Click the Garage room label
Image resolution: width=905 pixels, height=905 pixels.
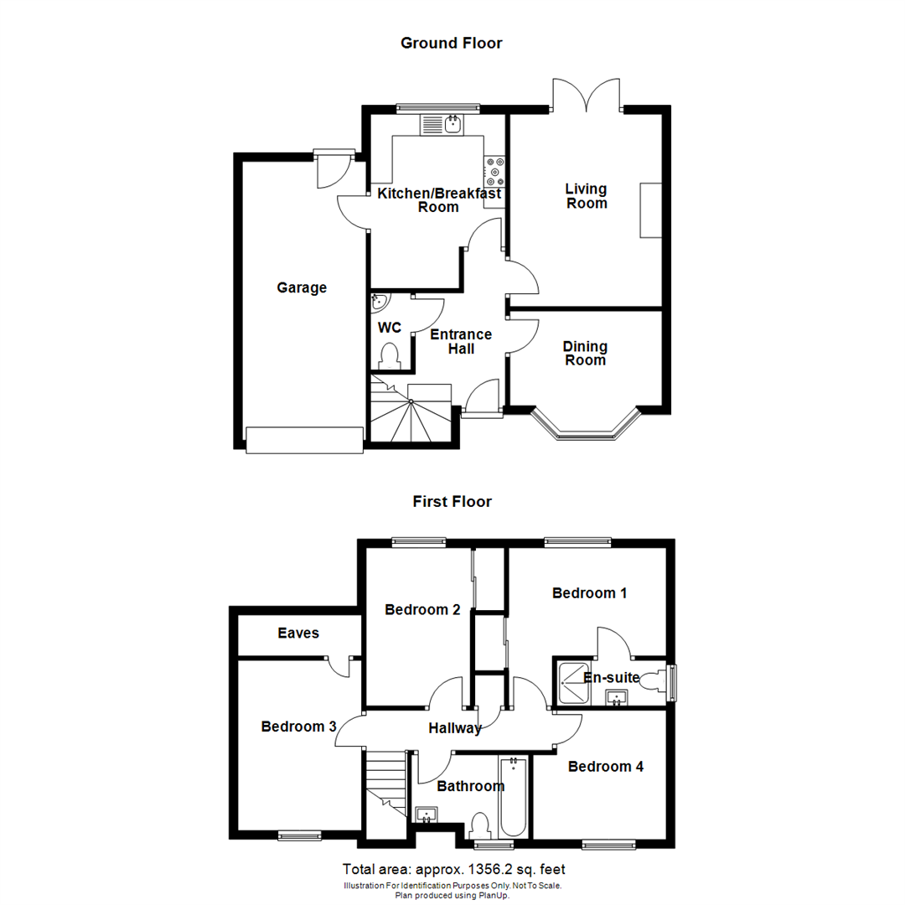pos(302,288)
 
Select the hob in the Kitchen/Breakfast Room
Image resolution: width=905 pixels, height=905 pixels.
pos(494,172)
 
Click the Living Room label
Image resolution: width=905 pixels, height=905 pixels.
pos(587,196)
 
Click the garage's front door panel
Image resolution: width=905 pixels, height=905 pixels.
pos(305,440)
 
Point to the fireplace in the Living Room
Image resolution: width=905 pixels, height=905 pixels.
pos(651,209)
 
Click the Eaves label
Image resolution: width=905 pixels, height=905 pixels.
pos(298,633)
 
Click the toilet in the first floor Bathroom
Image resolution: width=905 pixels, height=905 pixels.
pos(481,825)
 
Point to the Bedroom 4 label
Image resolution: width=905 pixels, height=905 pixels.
pos(605,767)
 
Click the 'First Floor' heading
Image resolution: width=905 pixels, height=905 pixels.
pos(452,502)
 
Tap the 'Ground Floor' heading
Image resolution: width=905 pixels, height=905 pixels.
pos(452,43)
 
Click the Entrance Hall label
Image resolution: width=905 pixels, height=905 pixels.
pos(461,341)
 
